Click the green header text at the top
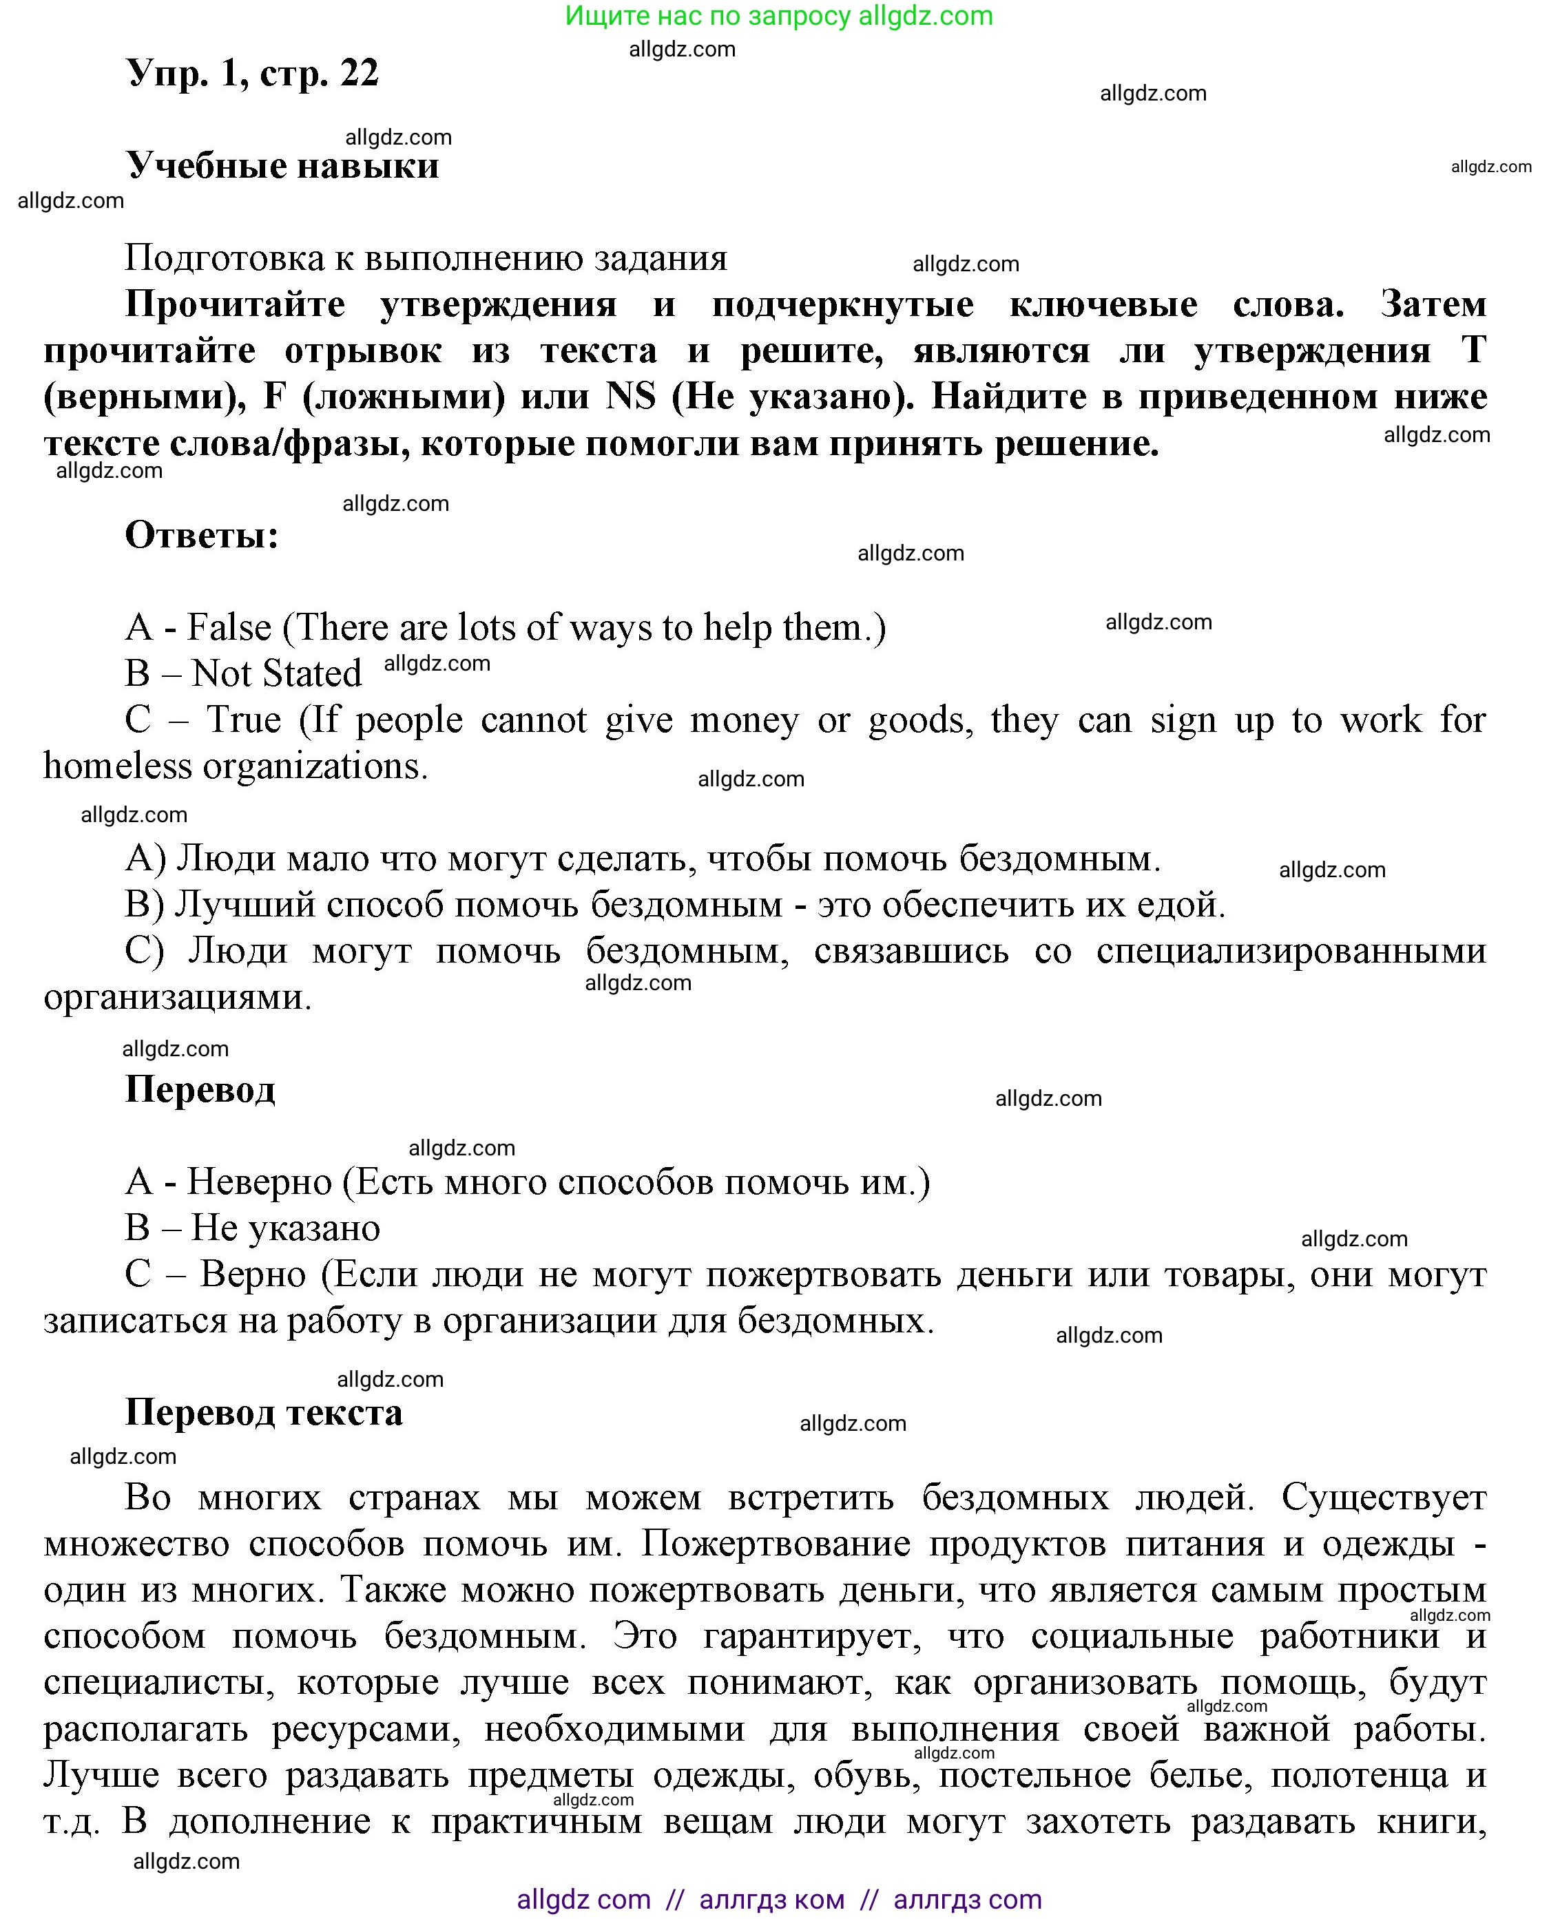point(778,16)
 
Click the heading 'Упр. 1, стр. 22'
point(253,74)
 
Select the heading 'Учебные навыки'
point(282,166)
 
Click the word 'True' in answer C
point(244,720)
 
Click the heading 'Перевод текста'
point(263,1413)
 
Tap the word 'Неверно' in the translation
point(259,1182)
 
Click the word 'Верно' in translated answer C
point(253,1275)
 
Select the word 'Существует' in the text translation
point(1383,1498)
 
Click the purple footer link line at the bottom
point(778,1899)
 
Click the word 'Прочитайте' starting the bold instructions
point(235,304)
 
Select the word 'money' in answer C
point(744,720)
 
